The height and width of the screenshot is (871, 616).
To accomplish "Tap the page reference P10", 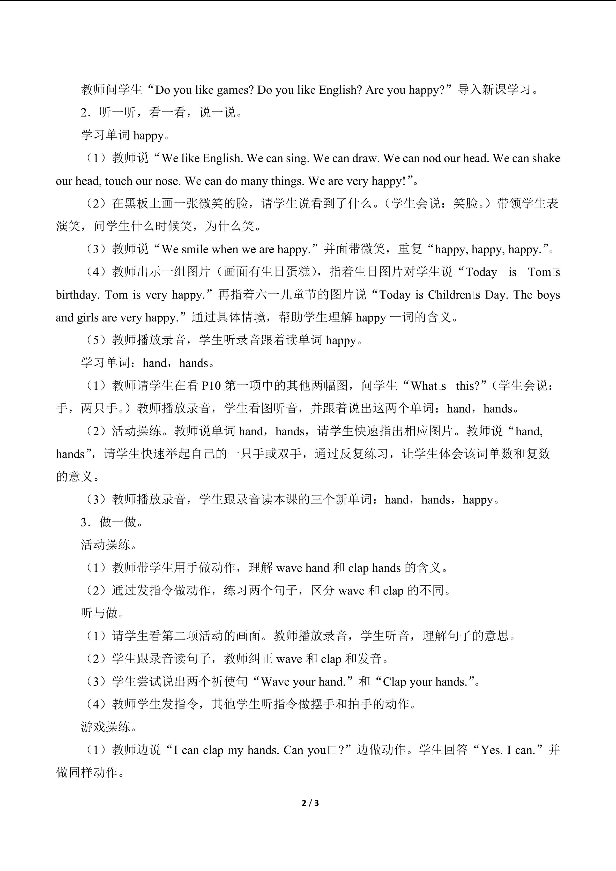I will pyautogui.click(x=211, y=386).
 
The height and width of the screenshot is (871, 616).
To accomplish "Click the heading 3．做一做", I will pyautogui.click(x=112, y=522).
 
